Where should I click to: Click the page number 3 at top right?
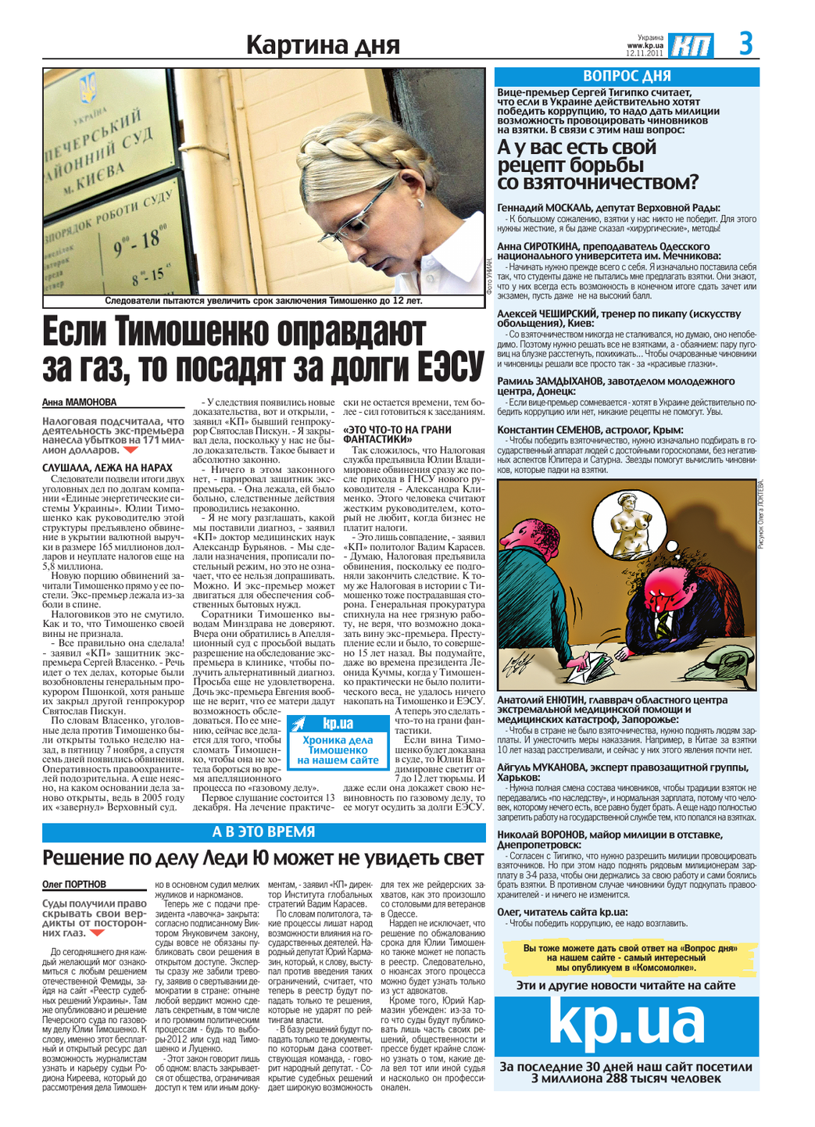click(x=746, y=43)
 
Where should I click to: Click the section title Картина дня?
click(x=323, y=45)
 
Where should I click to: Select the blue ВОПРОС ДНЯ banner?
click(x=627, y=76)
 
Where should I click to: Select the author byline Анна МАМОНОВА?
click(x=79, y=402)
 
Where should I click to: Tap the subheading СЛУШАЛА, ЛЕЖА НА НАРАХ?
click(x=107, y=467)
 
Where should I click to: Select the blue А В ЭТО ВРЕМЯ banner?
click(x=263, y=832)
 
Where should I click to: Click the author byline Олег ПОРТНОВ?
click(x=74, y=884)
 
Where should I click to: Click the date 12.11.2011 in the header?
click(x=645, y=54)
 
